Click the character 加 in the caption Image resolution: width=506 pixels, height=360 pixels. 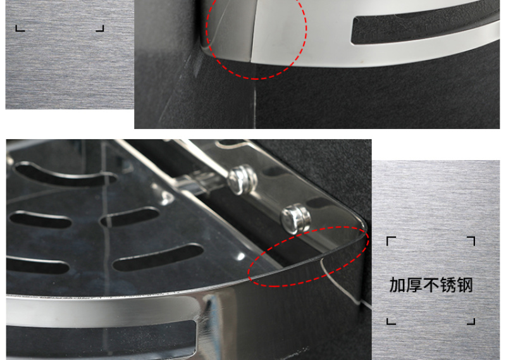398,285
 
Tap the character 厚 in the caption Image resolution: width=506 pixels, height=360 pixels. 414,285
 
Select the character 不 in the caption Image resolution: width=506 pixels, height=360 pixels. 431,285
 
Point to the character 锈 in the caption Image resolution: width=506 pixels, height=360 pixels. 448,285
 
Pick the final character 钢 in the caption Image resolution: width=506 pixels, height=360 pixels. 465,285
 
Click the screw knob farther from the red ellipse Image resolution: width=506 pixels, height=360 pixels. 242,179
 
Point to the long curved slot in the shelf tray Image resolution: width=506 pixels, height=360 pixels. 65,175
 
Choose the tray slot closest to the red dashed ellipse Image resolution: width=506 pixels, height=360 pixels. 158,258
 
